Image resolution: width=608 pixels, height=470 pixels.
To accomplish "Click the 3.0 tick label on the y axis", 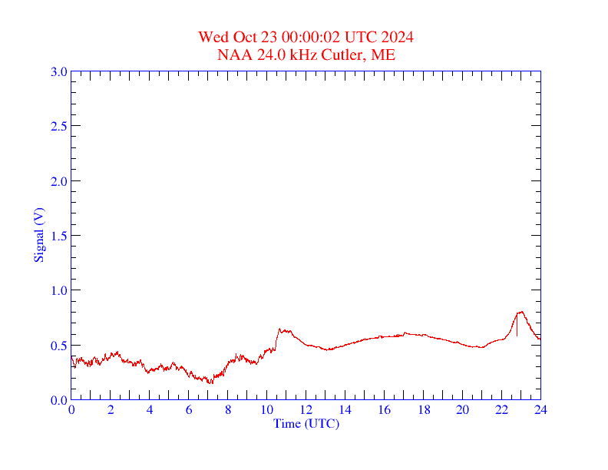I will pos(59,71).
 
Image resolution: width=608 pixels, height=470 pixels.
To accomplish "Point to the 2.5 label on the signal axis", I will pos(59,126).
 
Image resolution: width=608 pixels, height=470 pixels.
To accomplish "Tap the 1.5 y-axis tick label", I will pos(59,236).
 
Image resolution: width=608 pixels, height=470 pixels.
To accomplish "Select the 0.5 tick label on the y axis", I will pos(59,346).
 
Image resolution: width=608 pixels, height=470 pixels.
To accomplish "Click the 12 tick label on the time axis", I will pos(306,410).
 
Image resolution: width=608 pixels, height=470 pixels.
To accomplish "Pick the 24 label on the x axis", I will pos(540,410).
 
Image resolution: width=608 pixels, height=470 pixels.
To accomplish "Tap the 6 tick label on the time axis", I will pos(189,410).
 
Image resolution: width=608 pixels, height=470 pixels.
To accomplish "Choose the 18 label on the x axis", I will pos(423,410).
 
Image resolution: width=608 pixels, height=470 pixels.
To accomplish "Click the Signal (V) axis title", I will pos(38,235).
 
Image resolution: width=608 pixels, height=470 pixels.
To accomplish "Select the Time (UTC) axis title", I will pos(306,423).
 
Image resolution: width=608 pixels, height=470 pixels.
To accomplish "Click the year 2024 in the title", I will pos(399,37).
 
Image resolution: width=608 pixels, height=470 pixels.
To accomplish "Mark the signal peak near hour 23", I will pos(521,312).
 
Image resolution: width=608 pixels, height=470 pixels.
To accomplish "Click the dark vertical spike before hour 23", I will pos(517,326).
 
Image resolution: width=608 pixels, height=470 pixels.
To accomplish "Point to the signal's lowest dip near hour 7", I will pos(210,382).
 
